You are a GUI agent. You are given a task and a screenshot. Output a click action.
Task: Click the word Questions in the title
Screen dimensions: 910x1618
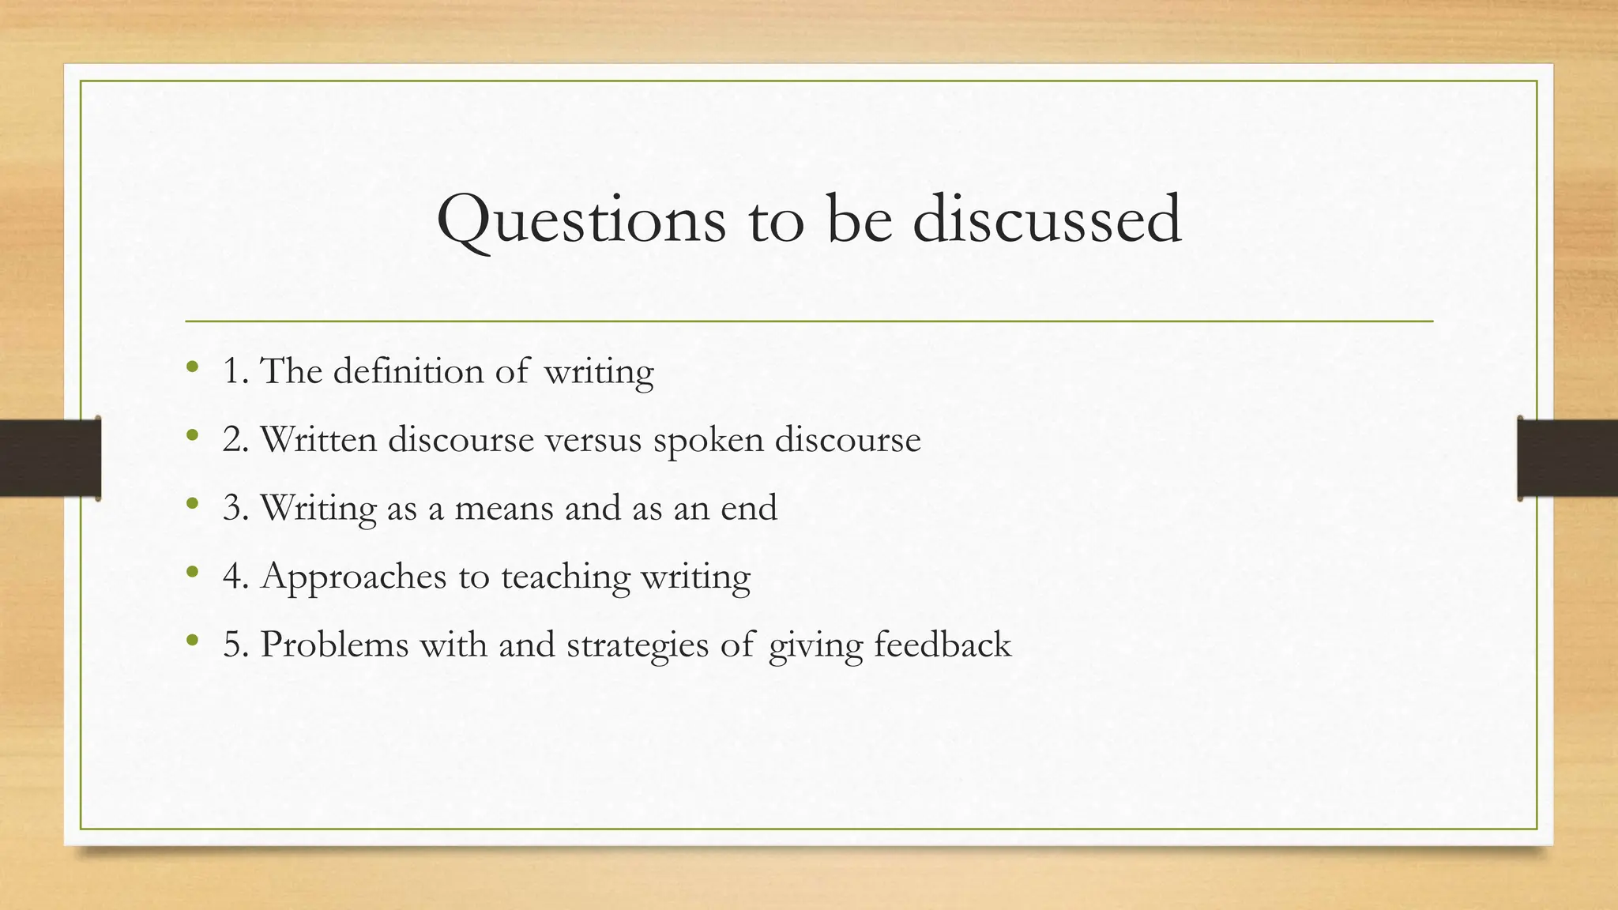[581, 220]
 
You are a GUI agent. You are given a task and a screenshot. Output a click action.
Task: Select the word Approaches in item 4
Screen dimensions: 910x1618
[354, 577]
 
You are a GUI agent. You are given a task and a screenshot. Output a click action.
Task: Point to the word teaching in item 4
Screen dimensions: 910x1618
[566, 577]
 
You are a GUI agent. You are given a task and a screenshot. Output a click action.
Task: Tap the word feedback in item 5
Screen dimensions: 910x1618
[943, 645]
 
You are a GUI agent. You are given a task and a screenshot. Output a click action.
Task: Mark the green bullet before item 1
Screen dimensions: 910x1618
[191, 367]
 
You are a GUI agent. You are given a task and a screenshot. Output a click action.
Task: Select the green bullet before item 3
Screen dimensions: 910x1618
[191, 503]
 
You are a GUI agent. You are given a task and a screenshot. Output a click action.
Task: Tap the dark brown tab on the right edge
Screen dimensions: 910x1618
[1567, 458]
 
